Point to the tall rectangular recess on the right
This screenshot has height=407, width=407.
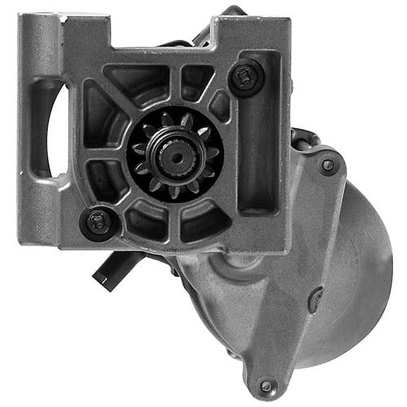click(x=259, y=134)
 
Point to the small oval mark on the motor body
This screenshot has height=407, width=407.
click(x=315, y=300)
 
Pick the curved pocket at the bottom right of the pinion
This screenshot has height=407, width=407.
click(x=203, y=222)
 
